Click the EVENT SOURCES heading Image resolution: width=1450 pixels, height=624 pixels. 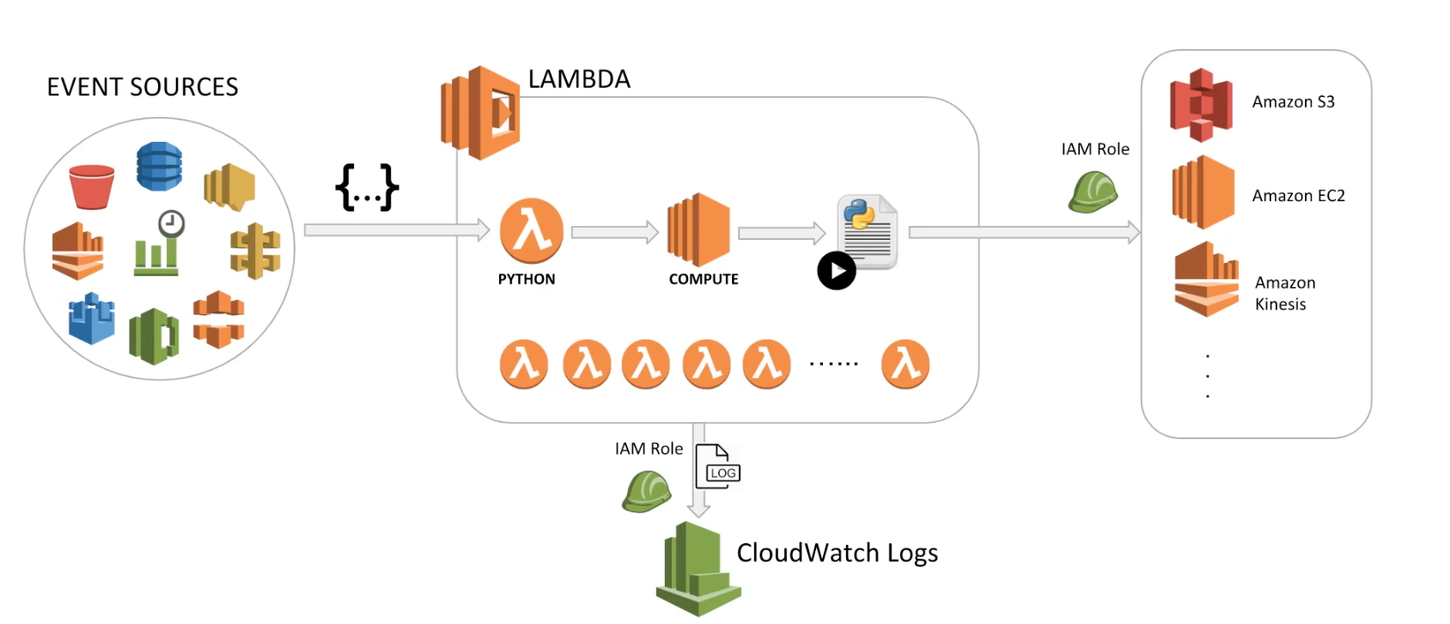pyautogui.click(x=143, y=87)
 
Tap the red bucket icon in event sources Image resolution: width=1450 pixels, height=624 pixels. pyautogui.click(x=92, y=187)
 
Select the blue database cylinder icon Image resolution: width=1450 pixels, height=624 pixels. pyautogui.click(x=159, y=166)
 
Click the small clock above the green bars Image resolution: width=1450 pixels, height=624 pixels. pyautogui.click(x=172, y=223)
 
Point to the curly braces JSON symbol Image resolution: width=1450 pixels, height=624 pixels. pyautogui.click(x=367, y=187)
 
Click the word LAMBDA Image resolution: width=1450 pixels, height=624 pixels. pyautogui.click(x=579, y=79)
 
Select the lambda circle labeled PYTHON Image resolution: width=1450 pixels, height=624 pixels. pyautogui.click(x=532, y=231)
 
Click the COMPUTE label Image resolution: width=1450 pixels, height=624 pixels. pyautogui.click(x=704, y=279)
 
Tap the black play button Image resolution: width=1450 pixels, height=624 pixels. pyautogui.click(x=837, y=271)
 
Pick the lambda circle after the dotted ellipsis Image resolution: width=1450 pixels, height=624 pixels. pyautogui.click(x=905, y=364)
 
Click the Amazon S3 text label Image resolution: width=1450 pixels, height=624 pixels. pyautogui.click(x=1293, y=102)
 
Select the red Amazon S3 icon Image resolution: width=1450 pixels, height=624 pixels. pyautogui.click(x=1202, y=105)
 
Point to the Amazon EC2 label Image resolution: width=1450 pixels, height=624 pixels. pyautogui.click(x=1298, y=196)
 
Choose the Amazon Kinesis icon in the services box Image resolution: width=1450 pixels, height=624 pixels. pyautogui.click(x=1206, y=280)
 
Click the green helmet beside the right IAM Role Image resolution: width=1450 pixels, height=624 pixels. pyautogui.click(x=1093, y=191)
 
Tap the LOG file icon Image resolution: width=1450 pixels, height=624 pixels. pyautogui.click(x=717, y=467)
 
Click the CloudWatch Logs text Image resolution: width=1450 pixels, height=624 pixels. pyautogui.click(x=837, y=553)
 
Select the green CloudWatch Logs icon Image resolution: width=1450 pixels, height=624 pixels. pyautogui.click(x=698, y=570)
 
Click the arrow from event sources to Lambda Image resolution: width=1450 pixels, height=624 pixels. pyautogui.click(x=396, y=230)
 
